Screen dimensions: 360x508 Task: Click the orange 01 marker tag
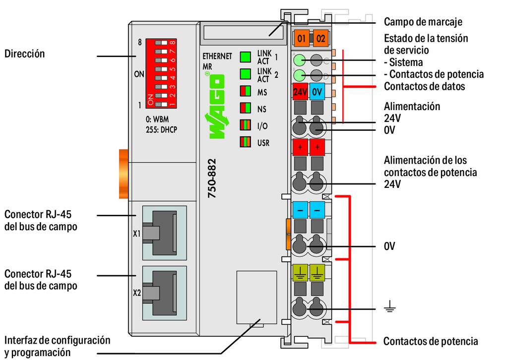(x=301, y=37)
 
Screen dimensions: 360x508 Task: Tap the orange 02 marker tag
(x=320, y=37)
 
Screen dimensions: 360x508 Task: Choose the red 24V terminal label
(x=300, y=92)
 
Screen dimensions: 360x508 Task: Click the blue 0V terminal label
(x=318, y=92)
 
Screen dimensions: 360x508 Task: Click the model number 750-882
(x=212, y=179)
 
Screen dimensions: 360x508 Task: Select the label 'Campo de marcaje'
(x=423, y=22)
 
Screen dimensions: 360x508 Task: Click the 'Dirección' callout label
(x=24, y=54)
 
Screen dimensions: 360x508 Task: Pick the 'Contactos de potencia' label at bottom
(x=431, y=341)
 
